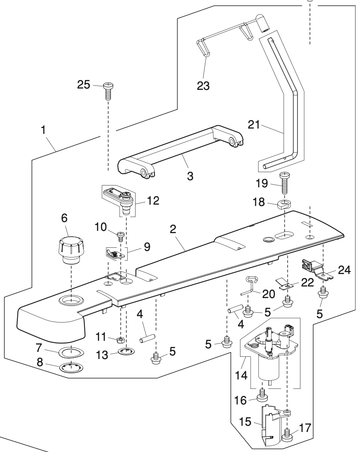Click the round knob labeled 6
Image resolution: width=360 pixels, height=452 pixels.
[x=70, y=250]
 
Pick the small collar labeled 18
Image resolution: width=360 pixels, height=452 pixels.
[x=283, y=205]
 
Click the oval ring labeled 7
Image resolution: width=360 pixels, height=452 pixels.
[x=71, y=352]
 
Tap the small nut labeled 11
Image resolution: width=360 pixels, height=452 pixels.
[x=120, y=340]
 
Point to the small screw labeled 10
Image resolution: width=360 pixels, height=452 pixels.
[x=120, y=236]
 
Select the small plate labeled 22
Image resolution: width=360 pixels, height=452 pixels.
[x=284, y=283]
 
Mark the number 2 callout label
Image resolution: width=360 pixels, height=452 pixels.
[x=173, y=230]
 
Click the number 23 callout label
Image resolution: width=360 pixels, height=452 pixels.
[x=204, y=85]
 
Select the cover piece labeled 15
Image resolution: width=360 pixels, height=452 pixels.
[x=271, y=423]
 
